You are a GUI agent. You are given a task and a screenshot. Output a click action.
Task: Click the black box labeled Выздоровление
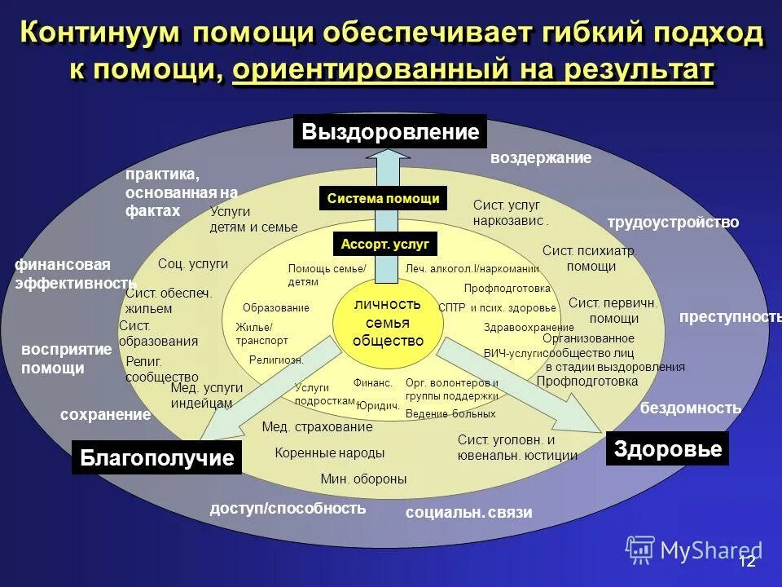[390, 132]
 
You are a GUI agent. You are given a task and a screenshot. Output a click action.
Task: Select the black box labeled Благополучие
[157, 457]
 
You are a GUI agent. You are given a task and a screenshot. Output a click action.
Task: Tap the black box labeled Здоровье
[667, 448]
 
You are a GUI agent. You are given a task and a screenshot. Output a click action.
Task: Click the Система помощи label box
[383, 198]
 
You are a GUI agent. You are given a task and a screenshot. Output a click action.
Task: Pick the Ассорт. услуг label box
[384, 244]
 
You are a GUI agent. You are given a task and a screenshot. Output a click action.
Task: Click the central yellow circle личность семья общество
[388, 322]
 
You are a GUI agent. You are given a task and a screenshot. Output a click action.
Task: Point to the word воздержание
[540, 158]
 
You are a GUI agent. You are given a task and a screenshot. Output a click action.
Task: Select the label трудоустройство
[673, 222]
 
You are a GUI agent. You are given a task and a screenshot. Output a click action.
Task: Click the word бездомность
[691, 408]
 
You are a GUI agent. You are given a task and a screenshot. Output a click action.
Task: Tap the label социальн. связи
[468, 512]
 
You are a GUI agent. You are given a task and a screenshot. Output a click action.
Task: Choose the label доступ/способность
[288, 509]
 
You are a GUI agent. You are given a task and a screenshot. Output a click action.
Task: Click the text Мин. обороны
[363, 479]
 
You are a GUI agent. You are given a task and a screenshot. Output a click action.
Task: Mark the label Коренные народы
[329, 453]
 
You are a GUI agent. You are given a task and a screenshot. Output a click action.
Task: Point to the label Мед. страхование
[317, 426]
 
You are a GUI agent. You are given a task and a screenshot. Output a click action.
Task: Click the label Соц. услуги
[193, 263]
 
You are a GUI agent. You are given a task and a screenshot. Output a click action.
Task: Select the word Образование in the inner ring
[275, 308]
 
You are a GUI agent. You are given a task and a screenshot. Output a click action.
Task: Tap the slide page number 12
[747, 561]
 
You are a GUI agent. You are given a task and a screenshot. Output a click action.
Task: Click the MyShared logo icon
[640, 550]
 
